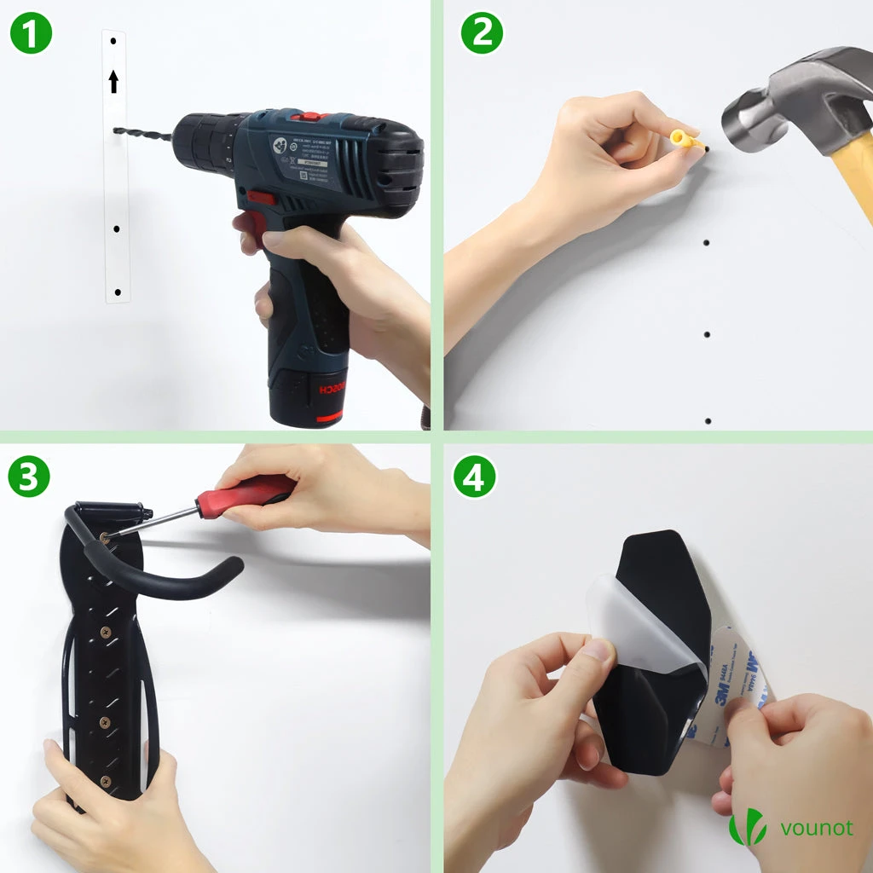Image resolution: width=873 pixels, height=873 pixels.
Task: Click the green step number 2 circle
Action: pyautogui.click(x=482, y=33)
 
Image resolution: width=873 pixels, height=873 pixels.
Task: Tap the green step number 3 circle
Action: pyautogui.click(x=29, y=477)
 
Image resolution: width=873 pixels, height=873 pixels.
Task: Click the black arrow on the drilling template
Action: pyautogui.click(x=113, y=82)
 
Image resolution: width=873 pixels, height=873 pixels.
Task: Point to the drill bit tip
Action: pyautogui.click(x=117, y=130)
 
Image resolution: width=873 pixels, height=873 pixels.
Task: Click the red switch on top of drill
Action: pyautogui.click(x=308, y=115)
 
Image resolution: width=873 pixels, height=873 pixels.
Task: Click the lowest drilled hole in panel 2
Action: pyautogui.click(x=708, y=421)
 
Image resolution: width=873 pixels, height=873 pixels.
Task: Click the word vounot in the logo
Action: pyautogui.click(x=816, y=828)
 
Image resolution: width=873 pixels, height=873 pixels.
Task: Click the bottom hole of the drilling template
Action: pyautogui.click(x=118, y=292)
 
